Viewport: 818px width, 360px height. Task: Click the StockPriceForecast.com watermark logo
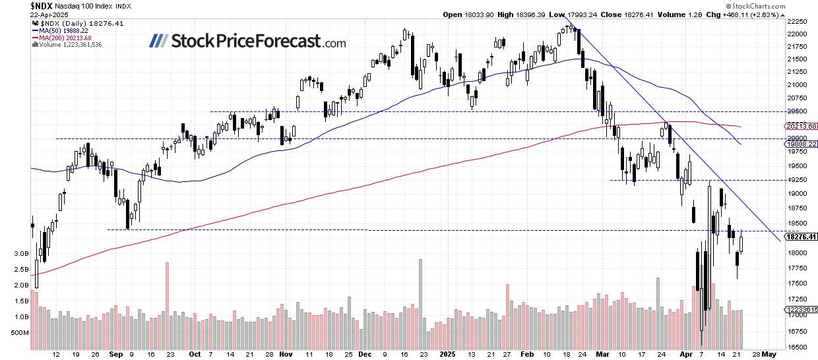coord(247,42)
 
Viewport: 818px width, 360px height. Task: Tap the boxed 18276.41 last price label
coord(800,237)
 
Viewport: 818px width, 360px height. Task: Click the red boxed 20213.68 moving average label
coord(800,126)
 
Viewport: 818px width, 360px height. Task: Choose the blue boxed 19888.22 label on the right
coord(800,144)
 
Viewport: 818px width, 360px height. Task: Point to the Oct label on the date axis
coord(195,354)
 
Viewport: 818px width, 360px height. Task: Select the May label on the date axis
coord(768,354)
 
